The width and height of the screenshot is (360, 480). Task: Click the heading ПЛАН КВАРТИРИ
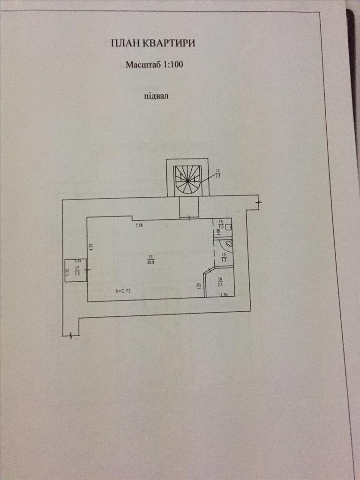click(x=153, y=44)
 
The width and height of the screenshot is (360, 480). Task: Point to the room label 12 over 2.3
click(x=217, y=173)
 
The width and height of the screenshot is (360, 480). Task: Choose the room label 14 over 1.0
click(x=222, y=224)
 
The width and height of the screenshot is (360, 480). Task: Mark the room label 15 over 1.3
click(x=224, y=257)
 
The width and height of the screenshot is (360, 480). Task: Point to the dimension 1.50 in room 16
click(x=224, y=294)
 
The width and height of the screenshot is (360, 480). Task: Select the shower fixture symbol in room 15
click(x=227, y=244)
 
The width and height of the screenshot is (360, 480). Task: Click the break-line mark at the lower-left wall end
click(x=70, y=335)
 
